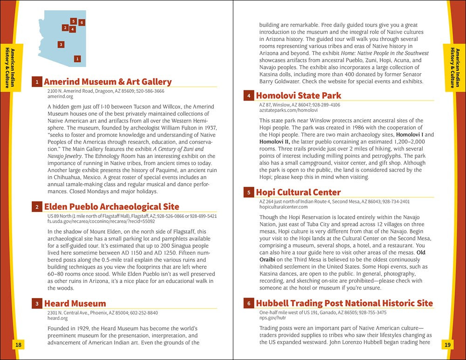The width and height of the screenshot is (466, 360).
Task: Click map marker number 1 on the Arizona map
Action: click(x=77, y=59)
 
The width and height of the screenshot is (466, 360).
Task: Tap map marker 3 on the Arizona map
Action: click(x=61, y=45)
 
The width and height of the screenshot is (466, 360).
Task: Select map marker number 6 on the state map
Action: click(x=82, y=22)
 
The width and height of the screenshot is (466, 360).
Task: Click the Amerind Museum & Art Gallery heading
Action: click(x=108, y=82)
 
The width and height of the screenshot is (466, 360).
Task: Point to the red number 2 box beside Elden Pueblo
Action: click(x=37, y=207)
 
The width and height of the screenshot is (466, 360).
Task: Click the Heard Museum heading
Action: click(x=75, y=304)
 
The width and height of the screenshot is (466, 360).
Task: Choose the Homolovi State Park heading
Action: click(x=298, y=96)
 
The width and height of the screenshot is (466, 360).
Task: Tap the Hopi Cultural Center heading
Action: click(x=298, y=192)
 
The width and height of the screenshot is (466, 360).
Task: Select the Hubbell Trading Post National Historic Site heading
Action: click(x=344, y=303)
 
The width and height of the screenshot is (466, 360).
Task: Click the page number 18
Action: click(x=18, y=345)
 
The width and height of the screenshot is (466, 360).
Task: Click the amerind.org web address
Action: click(x=60, y=96)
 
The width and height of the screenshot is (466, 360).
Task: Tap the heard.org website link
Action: click(x=57, y=319)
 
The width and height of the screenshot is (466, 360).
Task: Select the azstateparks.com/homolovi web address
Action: click(x=288, y=110)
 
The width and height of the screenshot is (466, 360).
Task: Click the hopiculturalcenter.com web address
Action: click(x=283, y=207)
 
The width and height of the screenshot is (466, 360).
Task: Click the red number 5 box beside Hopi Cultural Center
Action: click(x=249, y=192)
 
